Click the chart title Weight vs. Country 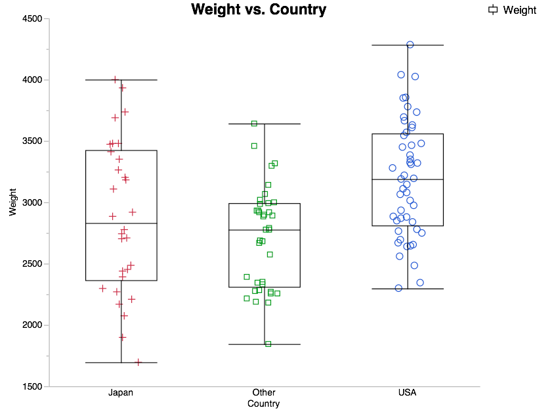(x=258, y=10)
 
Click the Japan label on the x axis (x=121, y=393)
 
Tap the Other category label (x=264, y=393)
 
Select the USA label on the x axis (x=407, y=393)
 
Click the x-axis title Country (x=264, y=404)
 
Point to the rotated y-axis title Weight (x=13, y=202)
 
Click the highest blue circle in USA (x=410, y=45)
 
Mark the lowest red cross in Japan (x=138, y=362)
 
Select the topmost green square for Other (x=254, y=124)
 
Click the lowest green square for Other (x=268, y=344)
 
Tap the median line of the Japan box (x=121, y=224)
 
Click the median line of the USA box (x=408, y=179)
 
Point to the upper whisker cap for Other (x=264, y=124)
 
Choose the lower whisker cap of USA (x=408, y=289)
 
